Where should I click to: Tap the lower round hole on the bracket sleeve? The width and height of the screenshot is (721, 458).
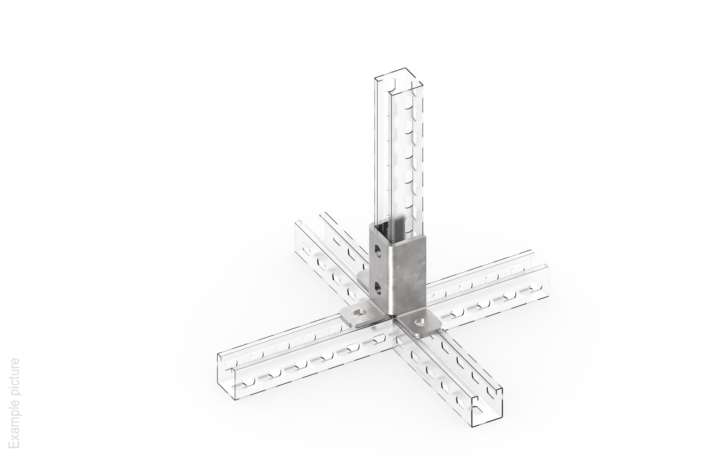378,288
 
